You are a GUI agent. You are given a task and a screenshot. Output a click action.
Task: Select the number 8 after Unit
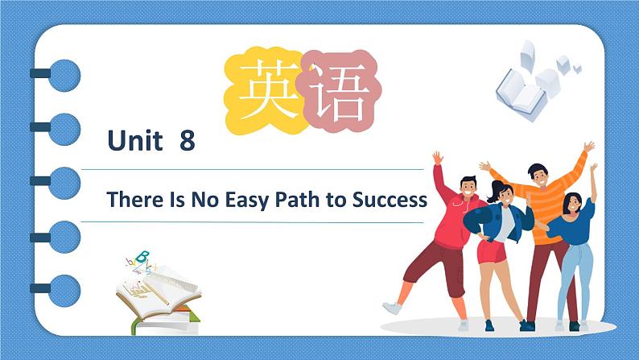188,142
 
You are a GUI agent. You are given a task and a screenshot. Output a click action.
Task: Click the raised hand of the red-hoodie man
438,158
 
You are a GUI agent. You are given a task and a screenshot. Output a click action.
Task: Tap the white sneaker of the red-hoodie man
392,308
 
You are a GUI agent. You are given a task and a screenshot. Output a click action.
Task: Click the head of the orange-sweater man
539,176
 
